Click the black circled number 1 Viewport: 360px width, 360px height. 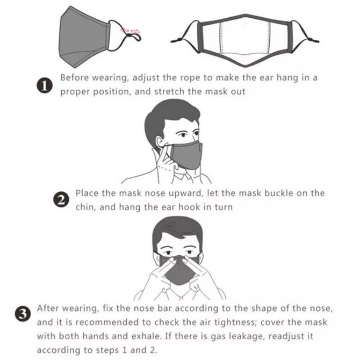coord(45,85)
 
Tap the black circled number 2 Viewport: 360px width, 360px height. coord(61,199)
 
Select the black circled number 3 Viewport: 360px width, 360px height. coord(23,313)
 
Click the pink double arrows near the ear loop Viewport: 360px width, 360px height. coord(130,31)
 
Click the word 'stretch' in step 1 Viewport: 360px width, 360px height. coord(169,91)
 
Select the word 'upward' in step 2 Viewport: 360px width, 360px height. coord(186,193)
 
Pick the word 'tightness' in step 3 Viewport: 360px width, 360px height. coord(235,322)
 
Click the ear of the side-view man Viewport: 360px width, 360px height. coord(160,142)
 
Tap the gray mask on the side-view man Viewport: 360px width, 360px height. coord(186,156)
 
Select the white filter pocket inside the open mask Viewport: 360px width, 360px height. coord(244,38)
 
